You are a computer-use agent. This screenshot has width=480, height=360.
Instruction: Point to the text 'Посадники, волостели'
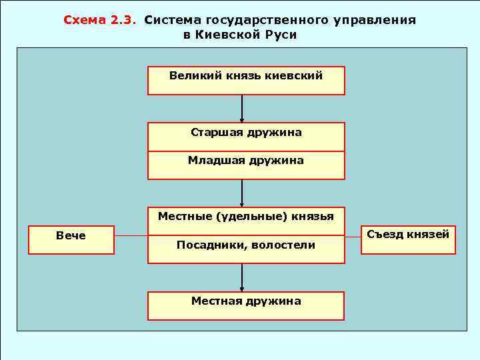point(246,245)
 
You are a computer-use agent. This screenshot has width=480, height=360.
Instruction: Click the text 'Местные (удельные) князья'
point(246,216)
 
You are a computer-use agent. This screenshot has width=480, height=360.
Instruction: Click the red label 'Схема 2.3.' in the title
point(99,20)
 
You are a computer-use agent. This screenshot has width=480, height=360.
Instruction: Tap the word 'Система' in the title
point(170,20)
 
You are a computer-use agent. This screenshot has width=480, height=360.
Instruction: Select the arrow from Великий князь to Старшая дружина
point(242,109)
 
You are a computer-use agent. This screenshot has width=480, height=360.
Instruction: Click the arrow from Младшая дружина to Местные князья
point(242,193)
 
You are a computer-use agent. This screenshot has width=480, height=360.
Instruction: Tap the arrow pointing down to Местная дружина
point(242,277)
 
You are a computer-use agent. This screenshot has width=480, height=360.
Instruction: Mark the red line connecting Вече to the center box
point(131,236)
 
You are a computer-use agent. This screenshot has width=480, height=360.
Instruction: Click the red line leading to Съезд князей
point(353,236)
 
